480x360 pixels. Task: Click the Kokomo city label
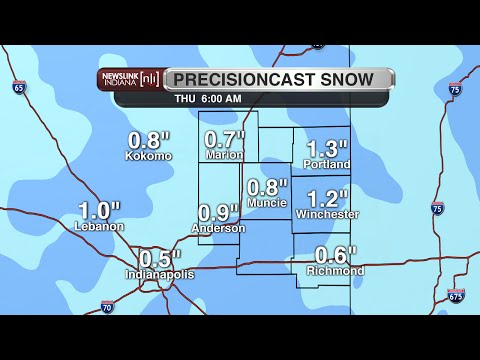(148, 156)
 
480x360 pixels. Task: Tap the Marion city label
(224, 155)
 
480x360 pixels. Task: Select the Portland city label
(327, 164)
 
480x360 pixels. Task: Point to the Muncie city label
(267, 203)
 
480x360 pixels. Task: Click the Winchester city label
(327, 214)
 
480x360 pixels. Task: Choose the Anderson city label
(218, 228)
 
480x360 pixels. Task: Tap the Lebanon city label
(99, 226)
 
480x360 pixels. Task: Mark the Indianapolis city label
(160, 274)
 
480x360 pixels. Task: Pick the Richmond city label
(336, 271)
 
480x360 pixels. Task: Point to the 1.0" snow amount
(99, 210)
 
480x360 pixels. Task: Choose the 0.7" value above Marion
(225, 140)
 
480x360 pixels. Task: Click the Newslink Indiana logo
(129, 79)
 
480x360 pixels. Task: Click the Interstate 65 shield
(20, 88)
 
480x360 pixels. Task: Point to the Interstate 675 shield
(456, 296)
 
